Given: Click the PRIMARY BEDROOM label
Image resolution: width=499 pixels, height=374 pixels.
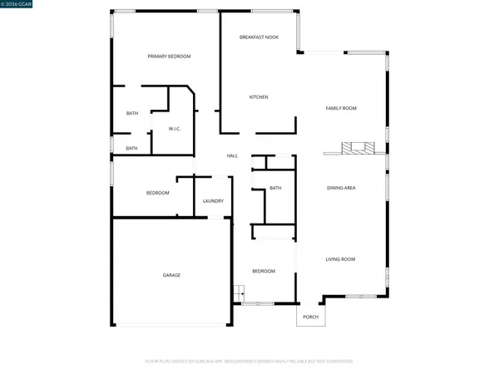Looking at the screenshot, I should pyautogui.click(x=169, y=57).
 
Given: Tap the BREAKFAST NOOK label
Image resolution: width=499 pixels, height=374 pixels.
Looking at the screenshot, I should pyautogui.click(x=259, y=37).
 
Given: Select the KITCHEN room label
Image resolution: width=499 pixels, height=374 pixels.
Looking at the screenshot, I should pyautogui.click(x=259, y=97).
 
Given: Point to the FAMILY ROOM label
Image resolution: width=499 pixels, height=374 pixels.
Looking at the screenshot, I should pyautogui.click(x=341, y=109).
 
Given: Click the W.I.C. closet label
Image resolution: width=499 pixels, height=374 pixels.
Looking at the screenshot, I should pyautogui.click(x=175, y=129).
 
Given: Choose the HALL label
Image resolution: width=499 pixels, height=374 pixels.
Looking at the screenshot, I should pyautogui.click(x=233, y=155).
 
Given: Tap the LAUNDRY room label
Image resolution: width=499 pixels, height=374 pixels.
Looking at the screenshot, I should pyautogui.click(x=213, y=201).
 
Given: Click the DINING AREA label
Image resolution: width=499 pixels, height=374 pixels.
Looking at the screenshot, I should pyautogui.click(x=341, y=189).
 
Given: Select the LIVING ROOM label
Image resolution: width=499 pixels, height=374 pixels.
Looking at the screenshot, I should pyautogui.click(x=340, y=259).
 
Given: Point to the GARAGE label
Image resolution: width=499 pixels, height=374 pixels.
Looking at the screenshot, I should pyautogui.click(x=171, y=275).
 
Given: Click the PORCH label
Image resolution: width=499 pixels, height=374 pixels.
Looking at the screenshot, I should pyautogui.click(x=310, y=317).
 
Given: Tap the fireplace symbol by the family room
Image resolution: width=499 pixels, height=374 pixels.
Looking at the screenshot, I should pyautogui.click(x=358, y=150).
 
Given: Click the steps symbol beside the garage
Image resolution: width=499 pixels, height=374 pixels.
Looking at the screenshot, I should pyautogui.click(x=238, y=292).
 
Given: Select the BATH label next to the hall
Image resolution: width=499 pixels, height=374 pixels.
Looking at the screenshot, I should pyautogui.click(x=275, y=189).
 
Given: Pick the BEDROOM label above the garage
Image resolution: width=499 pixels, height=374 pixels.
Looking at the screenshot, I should pyautogui.click(x=158, y=193).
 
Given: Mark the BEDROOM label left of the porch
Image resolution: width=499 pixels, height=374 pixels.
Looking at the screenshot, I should pyautogui.click(x=264, y=271).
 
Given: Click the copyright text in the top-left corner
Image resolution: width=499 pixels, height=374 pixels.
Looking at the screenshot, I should pyautogui.click(x=15, y=5).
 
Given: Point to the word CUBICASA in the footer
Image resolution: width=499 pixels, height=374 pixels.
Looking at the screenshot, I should pyautogui.click(x=205, y=362).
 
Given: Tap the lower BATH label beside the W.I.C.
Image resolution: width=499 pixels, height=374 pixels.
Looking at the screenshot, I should pyautogui.click(x=131, y=149).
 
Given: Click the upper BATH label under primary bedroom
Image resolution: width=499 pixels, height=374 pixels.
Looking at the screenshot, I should pyautogui.click(x=131, y=113).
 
